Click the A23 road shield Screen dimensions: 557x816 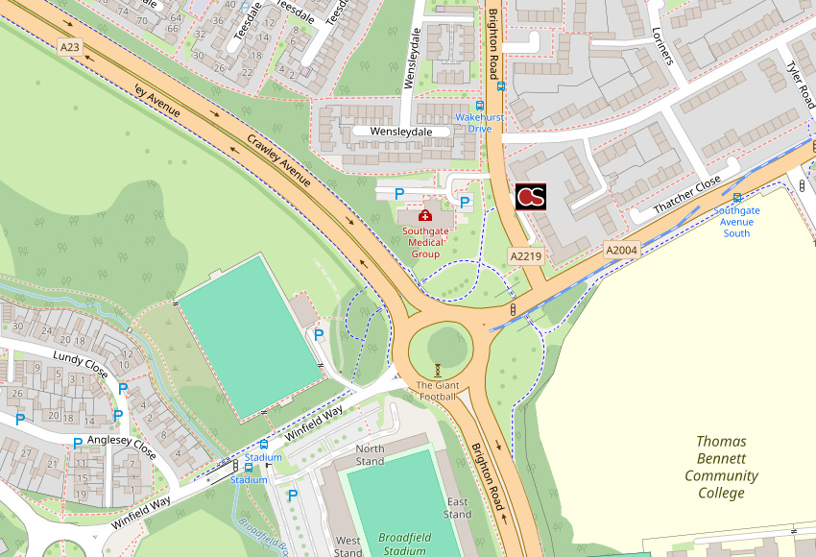coord(69,46)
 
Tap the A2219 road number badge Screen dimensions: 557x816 coord(526,256)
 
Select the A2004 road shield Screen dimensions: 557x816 coord(622,250)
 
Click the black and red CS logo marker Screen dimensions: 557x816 coord(531,196)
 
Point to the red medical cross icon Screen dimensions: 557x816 coord(425,215)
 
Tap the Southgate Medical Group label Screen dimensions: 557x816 coord(425,242)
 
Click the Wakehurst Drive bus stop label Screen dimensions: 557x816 coord(479,123)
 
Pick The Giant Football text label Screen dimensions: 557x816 coord(437,390)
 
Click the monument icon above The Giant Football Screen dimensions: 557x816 coord(438,369)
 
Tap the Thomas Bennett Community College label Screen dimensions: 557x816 coord(721,467)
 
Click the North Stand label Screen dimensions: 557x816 coord(370,454)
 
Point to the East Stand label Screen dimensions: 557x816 coord(457,508)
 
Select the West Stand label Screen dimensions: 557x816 coord(348,546)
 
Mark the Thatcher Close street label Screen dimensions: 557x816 coord(686,196)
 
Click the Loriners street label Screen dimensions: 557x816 coord(662,45)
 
